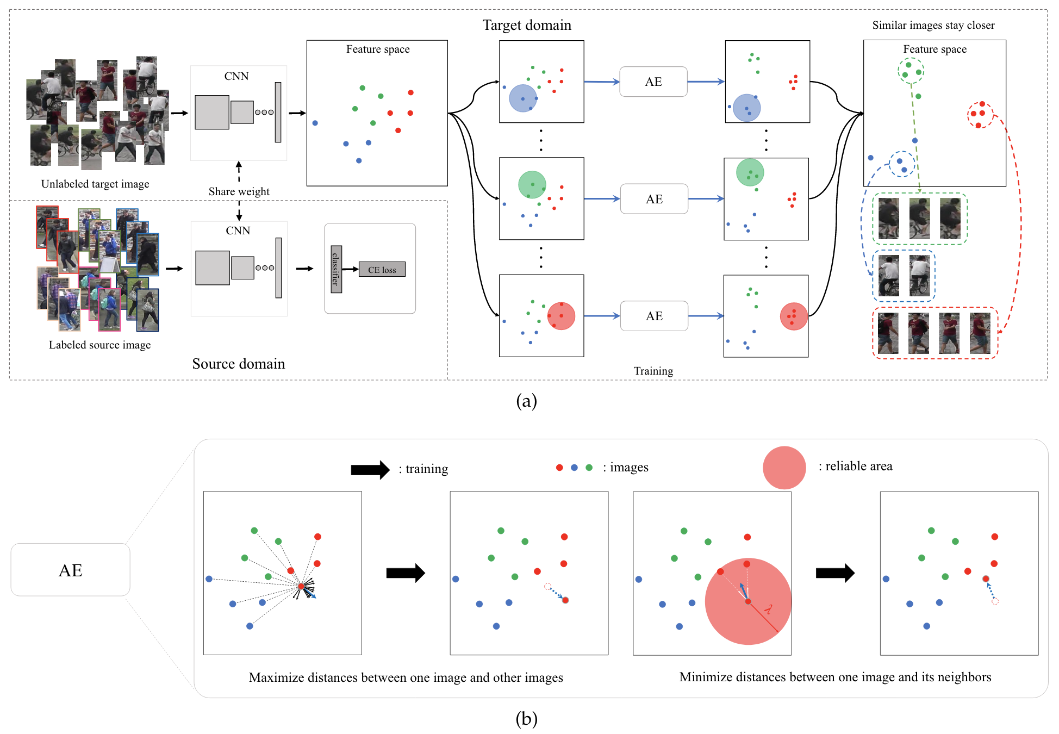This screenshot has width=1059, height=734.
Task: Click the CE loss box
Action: click(382, 269)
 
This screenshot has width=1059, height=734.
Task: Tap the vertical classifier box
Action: click(337, 269)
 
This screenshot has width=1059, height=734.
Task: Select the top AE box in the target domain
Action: click(653, 82)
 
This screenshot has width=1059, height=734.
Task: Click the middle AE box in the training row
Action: click(654, 199)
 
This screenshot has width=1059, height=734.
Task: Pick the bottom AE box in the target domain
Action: click(654, 316)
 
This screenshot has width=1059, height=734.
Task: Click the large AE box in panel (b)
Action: click(70, 570)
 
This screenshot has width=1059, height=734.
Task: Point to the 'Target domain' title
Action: click(527, 25)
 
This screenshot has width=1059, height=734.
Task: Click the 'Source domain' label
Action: click(238, 364)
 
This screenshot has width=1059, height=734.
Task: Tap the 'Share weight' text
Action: click(239, 191)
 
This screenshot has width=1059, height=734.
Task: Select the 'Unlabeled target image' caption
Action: click(95, 184)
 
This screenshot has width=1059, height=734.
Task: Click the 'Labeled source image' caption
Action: click(99, 345)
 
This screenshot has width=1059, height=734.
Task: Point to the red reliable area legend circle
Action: click(784, 468)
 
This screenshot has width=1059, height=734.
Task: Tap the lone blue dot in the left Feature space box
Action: click(315, 123)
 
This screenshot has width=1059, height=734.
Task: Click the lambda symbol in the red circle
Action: click(768, 609)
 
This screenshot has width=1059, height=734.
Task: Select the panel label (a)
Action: click(526, 401)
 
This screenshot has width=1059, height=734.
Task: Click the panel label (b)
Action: click(526, 719)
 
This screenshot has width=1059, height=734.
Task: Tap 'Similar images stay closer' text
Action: click(933, 25)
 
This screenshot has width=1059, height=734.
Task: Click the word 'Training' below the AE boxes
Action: click(653, 371)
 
